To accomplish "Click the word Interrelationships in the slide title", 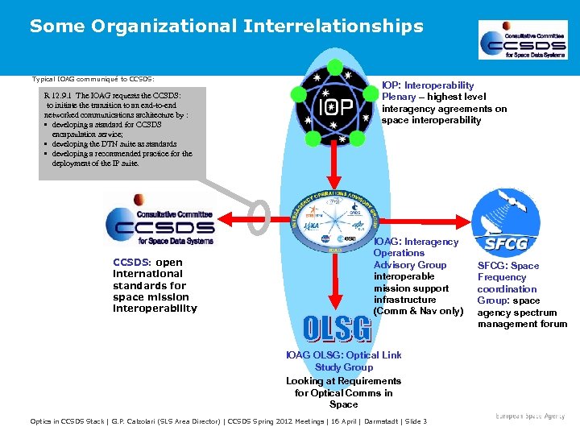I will point(330,27).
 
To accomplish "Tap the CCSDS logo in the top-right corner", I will point(523,39).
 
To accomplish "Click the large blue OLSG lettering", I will point(337,329).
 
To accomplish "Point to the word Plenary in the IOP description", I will point(399,97).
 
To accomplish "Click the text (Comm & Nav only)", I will point(417,311).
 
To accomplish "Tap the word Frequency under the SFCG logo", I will point(501,277).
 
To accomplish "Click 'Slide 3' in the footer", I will point(414,421).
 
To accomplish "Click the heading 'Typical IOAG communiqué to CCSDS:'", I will point(93,79).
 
